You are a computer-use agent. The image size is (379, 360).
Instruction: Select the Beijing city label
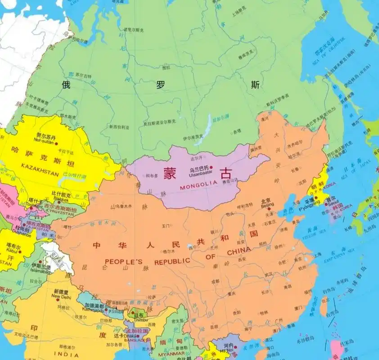point(267,205)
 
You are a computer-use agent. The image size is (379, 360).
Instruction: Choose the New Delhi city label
point(62,297)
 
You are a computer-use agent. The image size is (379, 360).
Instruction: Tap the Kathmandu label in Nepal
point(93,310)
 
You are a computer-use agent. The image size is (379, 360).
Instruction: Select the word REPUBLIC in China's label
point(172,262)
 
